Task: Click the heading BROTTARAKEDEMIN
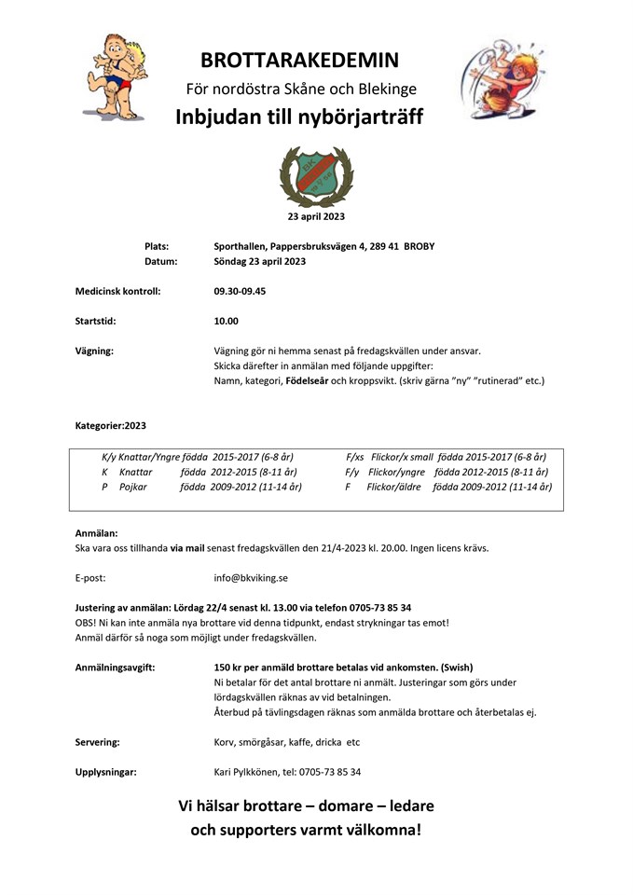tap(299, 61)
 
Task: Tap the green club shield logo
tap(316, 174)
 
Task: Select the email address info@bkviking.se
tap(251, 577)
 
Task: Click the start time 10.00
tap(226, 321)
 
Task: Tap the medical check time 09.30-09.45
tap(240, 291)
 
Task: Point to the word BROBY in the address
tap(420, 246)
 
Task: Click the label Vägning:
tap(94, 351)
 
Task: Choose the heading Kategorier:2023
tap(111, 425)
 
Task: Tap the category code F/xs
tap(354, 457)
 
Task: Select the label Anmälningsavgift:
tap(115, 667)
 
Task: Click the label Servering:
tap(97, 742)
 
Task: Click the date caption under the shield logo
tap(316, 216)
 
